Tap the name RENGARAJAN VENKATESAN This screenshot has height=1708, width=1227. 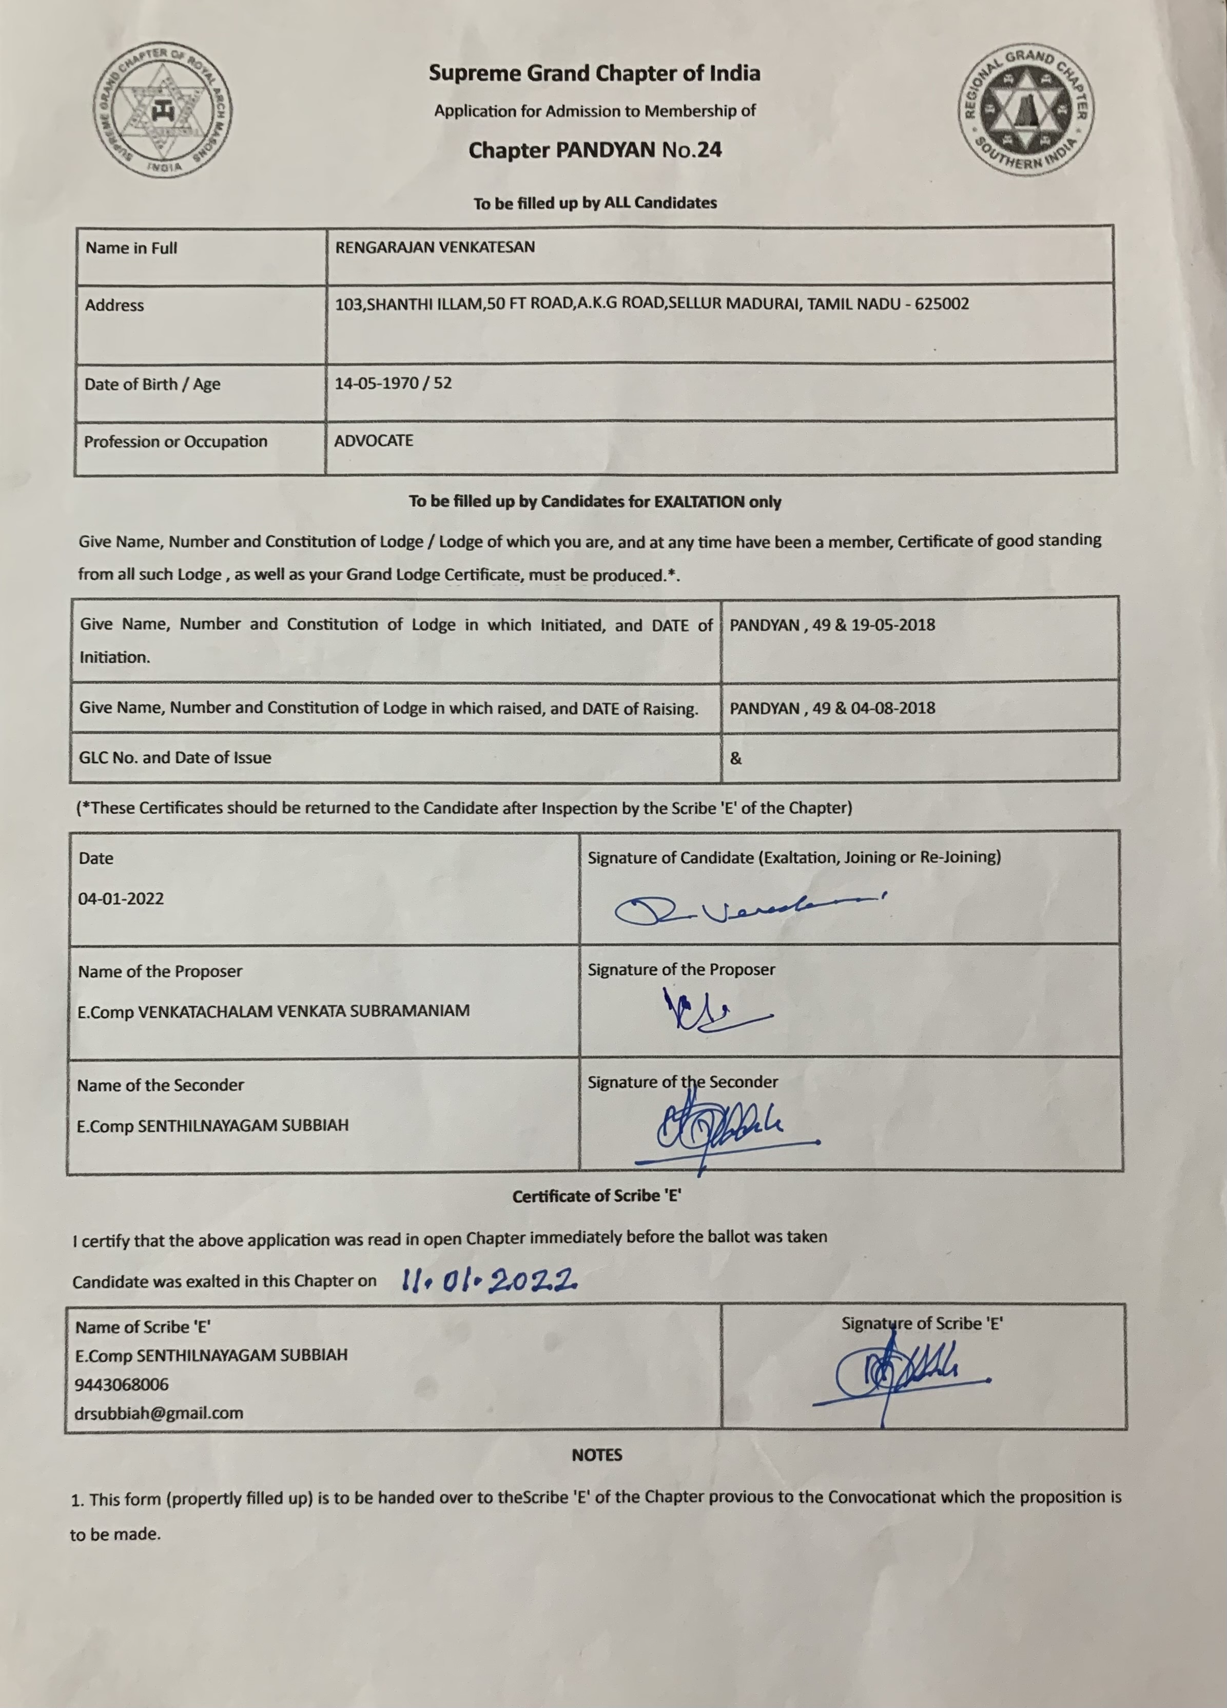(x=435, y=247)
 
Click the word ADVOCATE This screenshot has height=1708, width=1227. (x=374, y=440)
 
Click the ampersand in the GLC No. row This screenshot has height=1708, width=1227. (x=735, y=758)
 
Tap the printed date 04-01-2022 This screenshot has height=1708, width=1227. (x=121, y=898)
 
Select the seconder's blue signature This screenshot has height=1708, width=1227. (x=723, y=1129)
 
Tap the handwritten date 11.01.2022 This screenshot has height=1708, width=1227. (x=489, y=1277)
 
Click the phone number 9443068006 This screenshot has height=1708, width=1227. (x=122, y=1384)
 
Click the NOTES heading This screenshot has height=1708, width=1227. (x=597, y=1455)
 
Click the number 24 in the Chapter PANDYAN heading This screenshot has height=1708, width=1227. (x=709, y=150)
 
